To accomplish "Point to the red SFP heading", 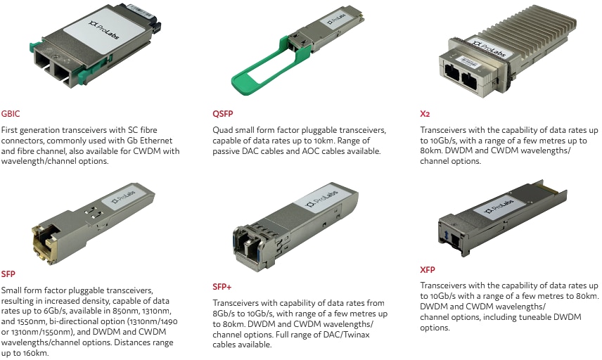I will pos(8,273).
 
